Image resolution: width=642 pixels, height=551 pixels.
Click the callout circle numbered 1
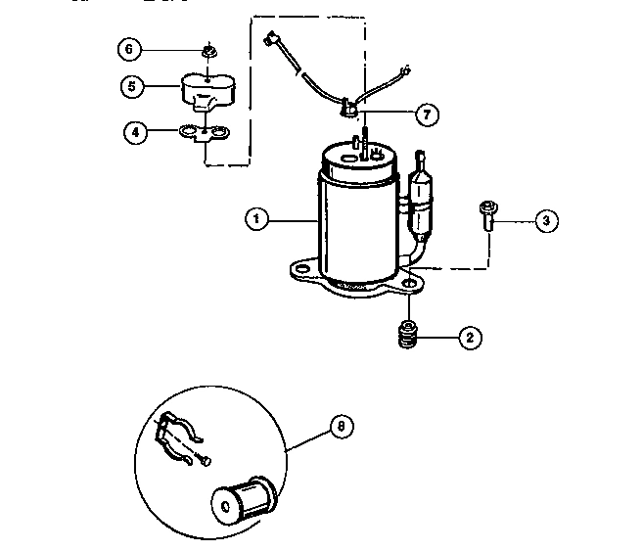[x=255, y=220]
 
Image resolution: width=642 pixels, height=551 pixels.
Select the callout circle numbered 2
[x=469, y=338]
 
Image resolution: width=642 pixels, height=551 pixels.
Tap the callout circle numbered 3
[x=547, y=221]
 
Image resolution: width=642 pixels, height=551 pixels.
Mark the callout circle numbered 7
[x=426, y=115]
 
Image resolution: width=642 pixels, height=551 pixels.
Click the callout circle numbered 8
[x=340, y=427]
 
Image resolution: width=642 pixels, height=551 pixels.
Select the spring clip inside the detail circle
[x=180, y=436]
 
